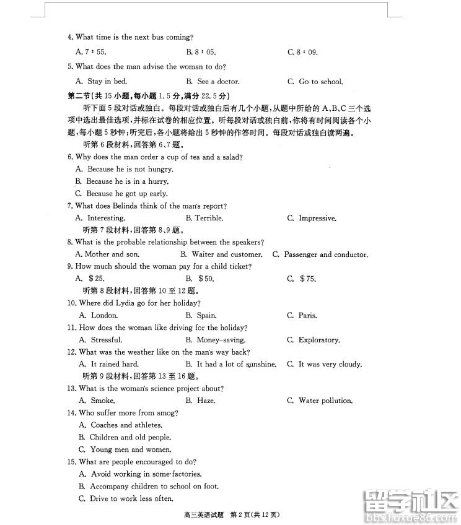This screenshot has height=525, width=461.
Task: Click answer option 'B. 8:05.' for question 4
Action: point(200,53)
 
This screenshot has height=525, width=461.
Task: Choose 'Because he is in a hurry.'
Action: point(121,181)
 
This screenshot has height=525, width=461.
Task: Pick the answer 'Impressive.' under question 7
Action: point(317,219)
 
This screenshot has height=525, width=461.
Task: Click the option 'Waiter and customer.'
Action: point(221,254)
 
